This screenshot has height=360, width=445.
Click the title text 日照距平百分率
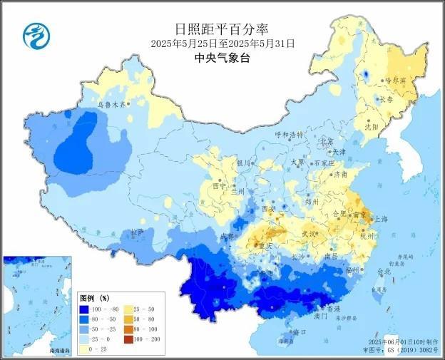coord(222,29)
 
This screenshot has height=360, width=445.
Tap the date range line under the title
coord(222,43)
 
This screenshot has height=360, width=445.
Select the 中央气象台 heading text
coord(222,58)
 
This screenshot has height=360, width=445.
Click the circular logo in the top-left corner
coord(34,33)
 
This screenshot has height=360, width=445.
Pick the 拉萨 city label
coord(137,233)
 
